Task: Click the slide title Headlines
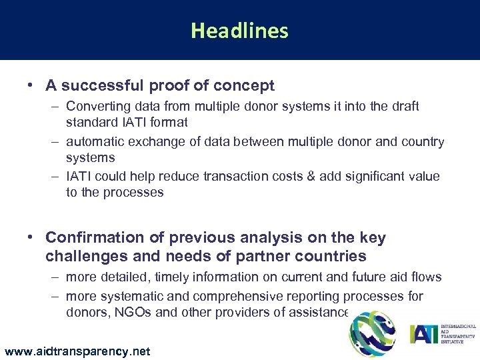click(x=239, y=31)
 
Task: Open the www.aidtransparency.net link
click(x=77, y=351)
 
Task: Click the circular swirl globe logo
click(x=372, y=334)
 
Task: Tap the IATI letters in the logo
click(x=425, y=333)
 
